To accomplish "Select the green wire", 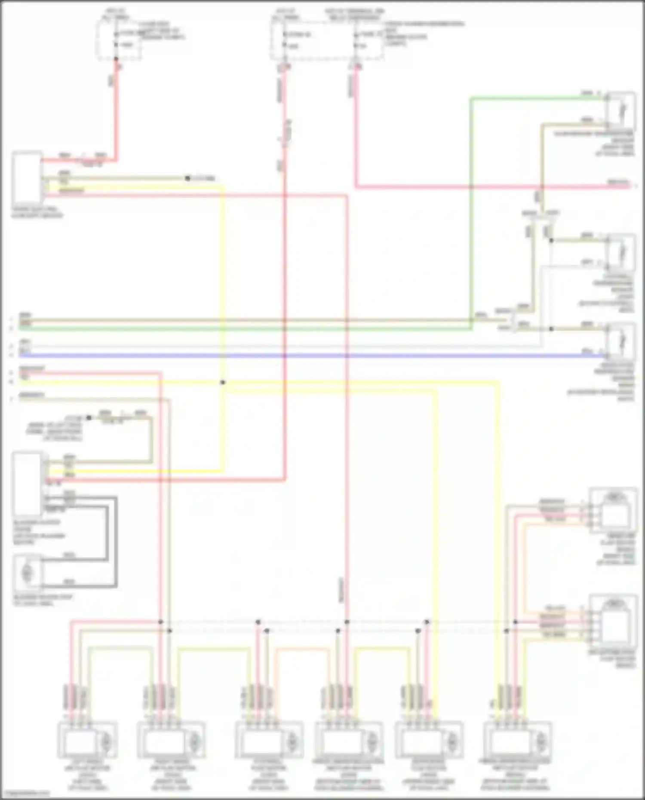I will point(258,329).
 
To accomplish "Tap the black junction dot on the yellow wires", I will point(223,382).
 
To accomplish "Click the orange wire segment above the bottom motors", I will point(301,650).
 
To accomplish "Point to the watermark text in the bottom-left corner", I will point(25,794).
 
